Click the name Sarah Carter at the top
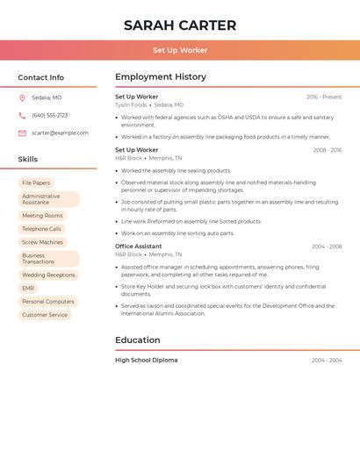[x=180, y=25]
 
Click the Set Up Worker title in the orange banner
[x=180, y=51]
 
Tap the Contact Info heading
[x=41, y=77]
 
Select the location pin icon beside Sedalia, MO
[x=22, y=97]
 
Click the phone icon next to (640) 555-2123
[x=22, y=115]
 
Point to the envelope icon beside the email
[x=22, y=132]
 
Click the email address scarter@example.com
[x=60, y=132]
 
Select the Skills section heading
[x=28, y=159]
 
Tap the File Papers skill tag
[x=36, y=182]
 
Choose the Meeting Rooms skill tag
[x=42, y=216]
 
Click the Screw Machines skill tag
[x=42, y=242]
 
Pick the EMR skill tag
[x=28, y=289]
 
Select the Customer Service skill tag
[x=45, y=315]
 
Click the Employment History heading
[x=161, y=77]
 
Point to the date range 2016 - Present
[x=324, y=97]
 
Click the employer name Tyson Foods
[x=132, y=104]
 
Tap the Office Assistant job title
[x=139, y=247]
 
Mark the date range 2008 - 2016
[x=328, y=150]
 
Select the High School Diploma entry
[x=147, y=360]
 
